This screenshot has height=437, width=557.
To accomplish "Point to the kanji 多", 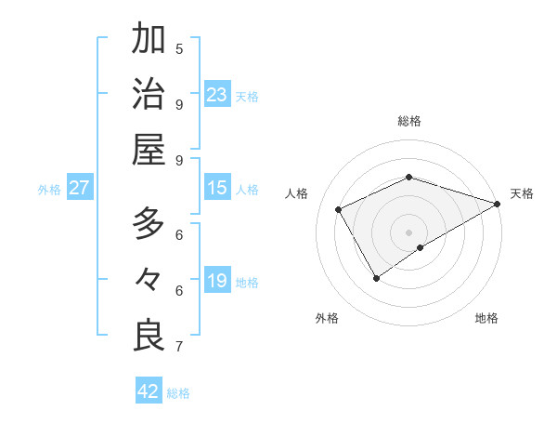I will point(149,224).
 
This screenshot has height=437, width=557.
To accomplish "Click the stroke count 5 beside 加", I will point(179,48).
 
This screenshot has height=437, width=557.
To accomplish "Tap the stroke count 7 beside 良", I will point(179,347).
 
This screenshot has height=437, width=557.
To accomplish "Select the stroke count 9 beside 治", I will point(179,103).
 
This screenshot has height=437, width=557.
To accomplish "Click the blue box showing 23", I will point(217,95).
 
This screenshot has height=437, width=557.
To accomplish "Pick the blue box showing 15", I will point(217,188).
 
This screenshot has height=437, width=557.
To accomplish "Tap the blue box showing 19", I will point(217,281).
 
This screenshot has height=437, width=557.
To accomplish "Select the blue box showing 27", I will point(80,188).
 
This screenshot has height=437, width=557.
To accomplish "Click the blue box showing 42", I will point(149,391).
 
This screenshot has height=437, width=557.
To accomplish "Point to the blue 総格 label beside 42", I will point(178,393).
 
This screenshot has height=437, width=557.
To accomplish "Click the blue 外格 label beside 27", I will point(49,190).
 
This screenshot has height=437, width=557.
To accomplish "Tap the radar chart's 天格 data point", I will point(498,204).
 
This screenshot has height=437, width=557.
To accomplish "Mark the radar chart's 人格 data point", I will point(339,209).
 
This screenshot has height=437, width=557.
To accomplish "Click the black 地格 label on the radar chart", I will point(486,318).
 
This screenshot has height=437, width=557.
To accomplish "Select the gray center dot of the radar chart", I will point(409,232).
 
